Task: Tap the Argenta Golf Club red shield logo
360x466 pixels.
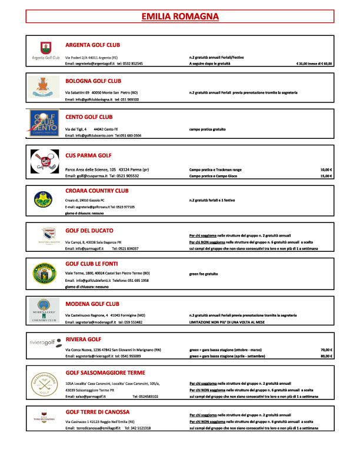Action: (x=46, y=48)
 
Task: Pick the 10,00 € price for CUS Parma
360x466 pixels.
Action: (x=326, y=169)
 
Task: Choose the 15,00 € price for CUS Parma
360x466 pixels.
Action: (x=326, y=176)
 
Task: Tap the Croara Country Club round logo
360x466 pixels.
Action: (x=45, y=199)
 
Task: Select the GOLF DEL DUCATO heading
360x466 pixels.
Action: (x=89, y=230)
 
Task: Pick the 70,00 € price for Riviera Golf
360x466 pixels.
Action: (x=326, y=349)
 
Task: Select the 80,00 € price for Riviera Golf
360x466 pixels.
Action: (x=326, y=357)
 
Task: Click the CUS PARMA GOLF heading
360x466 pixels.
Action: (x=88, y=155)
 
